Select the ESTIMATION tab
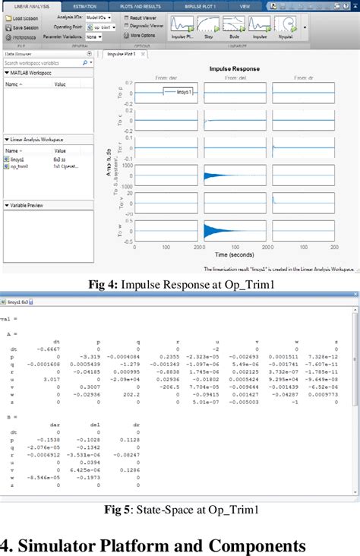click(x=84, y=6)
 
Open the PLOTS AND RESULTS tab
click(x=141, y=6)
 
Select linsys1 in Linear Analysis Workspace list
click(x=17, y=160)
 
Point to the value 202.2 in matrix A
click(x=140, y=395)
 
